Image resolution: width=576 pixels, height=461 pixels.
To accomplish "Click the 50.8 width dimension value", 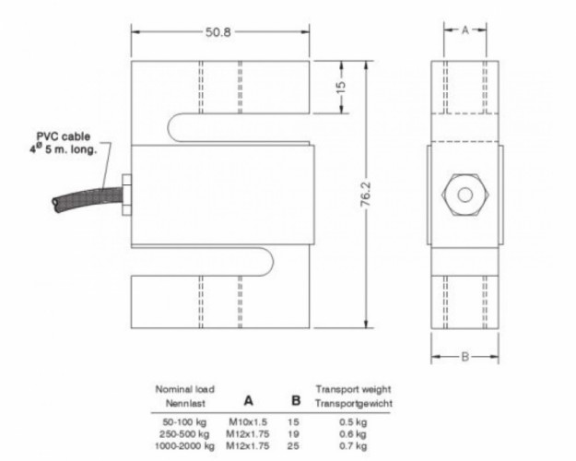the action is [217, 32].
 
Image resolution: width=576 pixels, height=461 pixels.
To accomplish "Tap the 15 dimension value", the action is [341, 87].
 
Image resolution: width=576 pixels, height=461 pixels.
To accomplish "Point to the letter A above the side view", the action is [465, 30].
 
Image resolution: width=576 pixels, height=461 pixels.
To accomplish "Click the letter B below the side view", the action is [465, 357].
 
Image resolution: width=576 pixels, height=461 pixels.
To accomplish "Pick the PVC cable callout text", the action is [64, 143].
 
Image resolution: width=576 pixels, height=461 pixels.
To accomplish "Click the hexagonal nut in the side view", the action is [465, 195].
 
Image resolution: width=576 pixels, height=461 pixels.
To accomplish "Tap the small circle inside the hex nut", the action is [465, 195].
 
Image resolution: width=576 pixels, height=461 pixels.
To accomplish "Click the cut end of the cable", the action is [55, 204].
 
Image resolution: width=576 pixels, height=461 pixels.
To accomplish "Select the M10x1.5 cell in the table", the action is [248, 421].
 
